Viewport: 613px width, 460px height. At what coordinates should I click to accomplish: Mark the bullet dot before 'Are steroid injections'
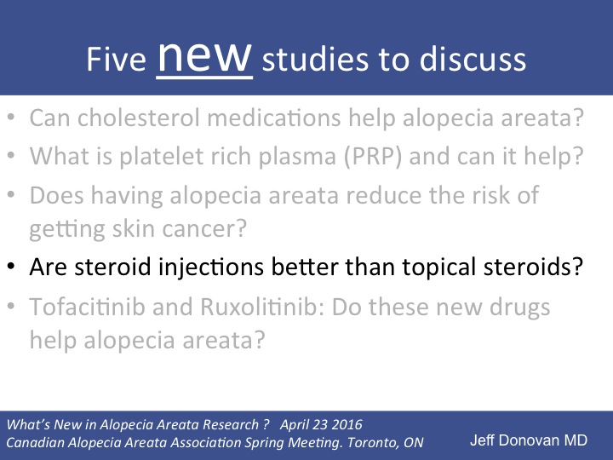point(12,268)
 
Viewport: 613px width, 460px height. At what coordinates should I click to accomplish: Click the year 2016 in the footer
point(345,423)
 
